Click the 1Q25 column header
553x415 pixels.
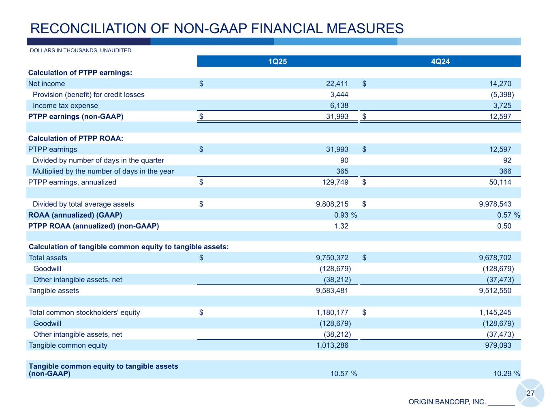(278, 62)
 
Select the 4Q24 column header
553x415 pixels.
(440, 62)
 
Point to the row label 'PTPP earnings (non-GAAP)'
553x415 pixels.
(76, 117)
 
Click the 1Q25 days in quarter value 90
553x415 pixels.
(344, 160)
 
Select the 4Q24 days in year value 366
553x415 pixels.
(505, 171)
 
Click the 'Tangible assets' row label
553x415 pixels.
(54, 291)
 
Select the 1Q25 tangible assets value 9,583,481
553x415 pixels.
(332, 291)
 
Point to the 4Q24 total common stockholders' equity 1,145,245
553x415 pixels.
(495, 312)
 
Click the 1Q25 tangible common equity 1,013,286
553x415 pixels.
(332, 345)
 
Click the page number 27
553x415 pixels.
(530, 394)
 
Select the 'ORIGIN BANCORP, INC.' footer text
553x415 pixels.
(447, 402)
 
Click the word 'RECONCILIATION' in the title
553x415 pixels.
(81, 28)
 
